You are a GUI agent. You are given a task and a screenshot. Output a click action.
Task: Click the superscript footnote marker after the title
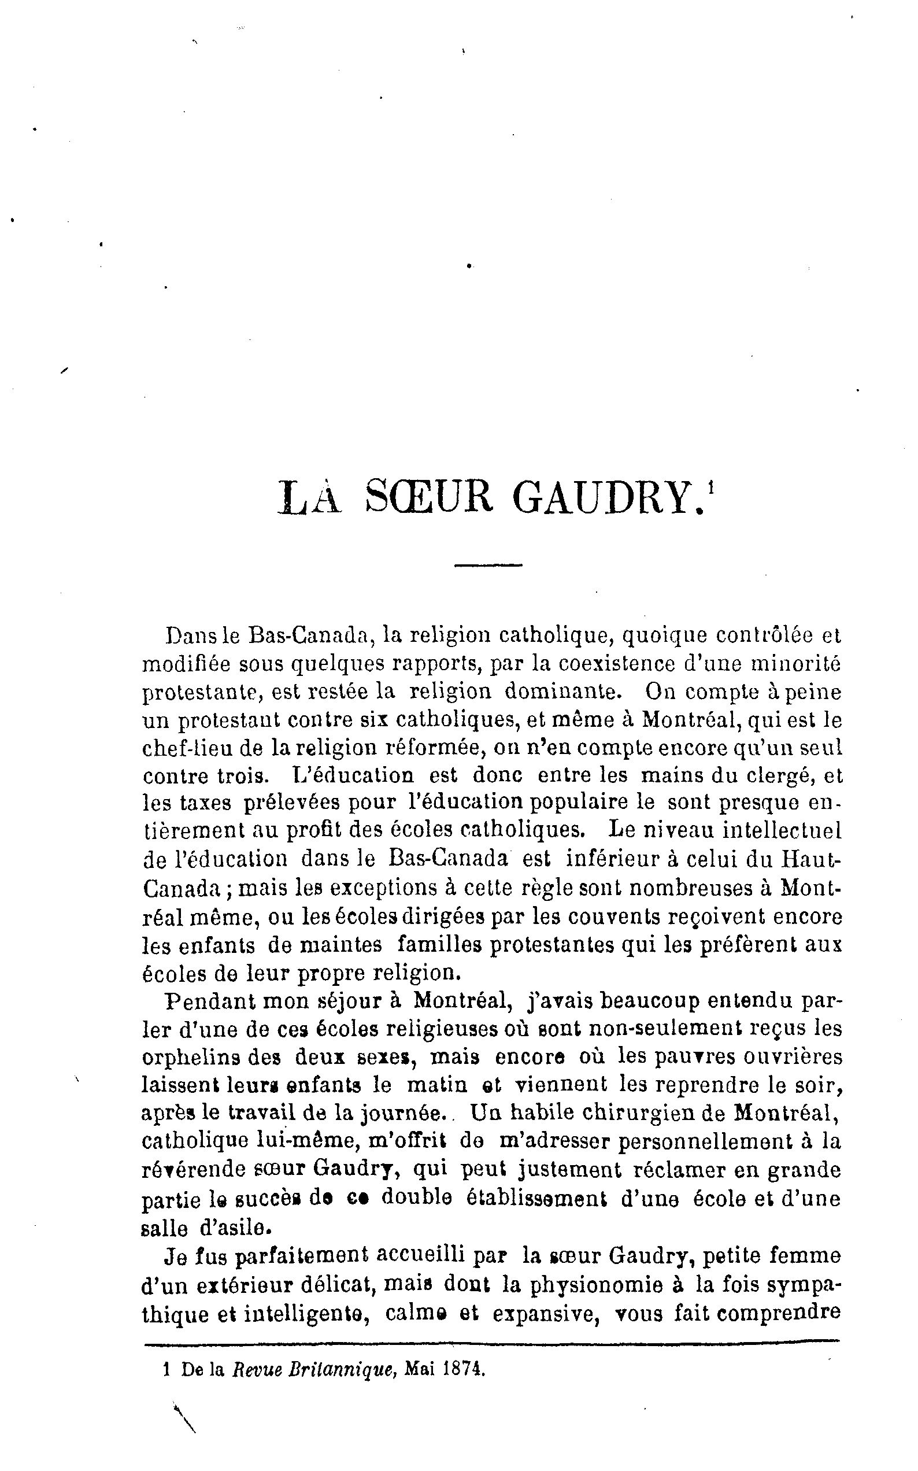710,487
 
